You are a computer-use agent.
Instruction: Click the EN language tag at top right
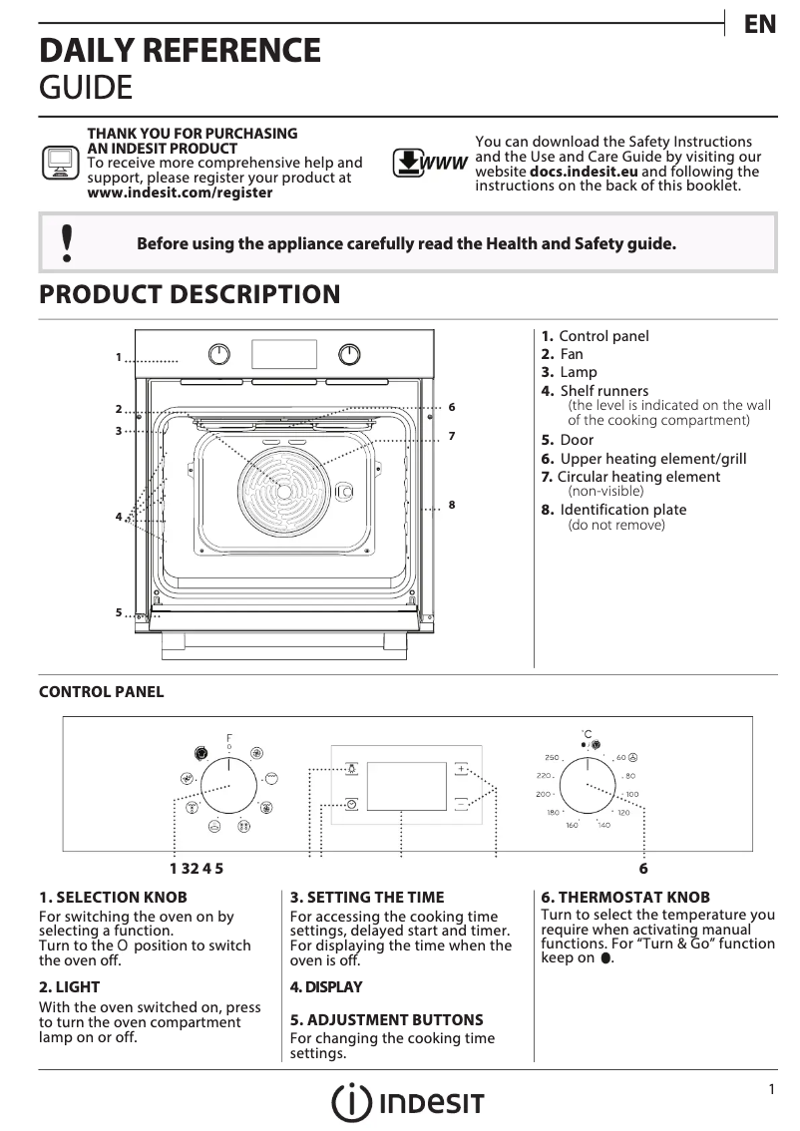(760, 25)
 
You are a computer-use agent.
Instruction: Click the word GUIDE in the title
(85, 88)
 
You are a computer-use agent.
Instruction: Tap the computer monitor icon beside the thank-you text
(60, 162)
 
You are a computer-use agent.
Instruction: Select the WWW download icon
(429, 163)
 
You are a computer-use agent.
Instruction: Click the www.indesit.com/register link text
(180, 192)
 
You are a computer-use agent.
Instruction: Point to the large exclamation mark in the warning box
(67, 243)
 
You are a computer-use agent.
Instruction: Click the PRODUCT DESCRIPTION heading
(189, 294)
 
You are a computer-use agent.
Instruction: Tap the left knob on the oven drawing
(219, 354)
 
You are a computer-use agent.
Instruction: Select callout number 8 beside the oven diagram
(452, 505)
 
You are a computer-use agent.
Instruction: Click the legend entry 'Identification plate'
(622, 510)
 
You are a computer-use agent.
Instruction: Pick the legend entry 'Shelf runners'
(603, 391)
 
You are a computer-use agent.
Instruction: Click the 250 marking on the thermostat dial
(552, 758)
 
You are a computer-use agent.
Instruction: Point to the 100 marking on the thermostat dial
(632, 794)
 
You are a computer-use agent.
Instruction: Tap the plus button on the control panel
(461, 768)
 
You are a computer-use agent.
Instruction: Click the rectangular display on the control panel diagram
(406, 786)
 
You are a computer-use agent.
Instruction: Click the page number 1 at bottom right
(771, 1090)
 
